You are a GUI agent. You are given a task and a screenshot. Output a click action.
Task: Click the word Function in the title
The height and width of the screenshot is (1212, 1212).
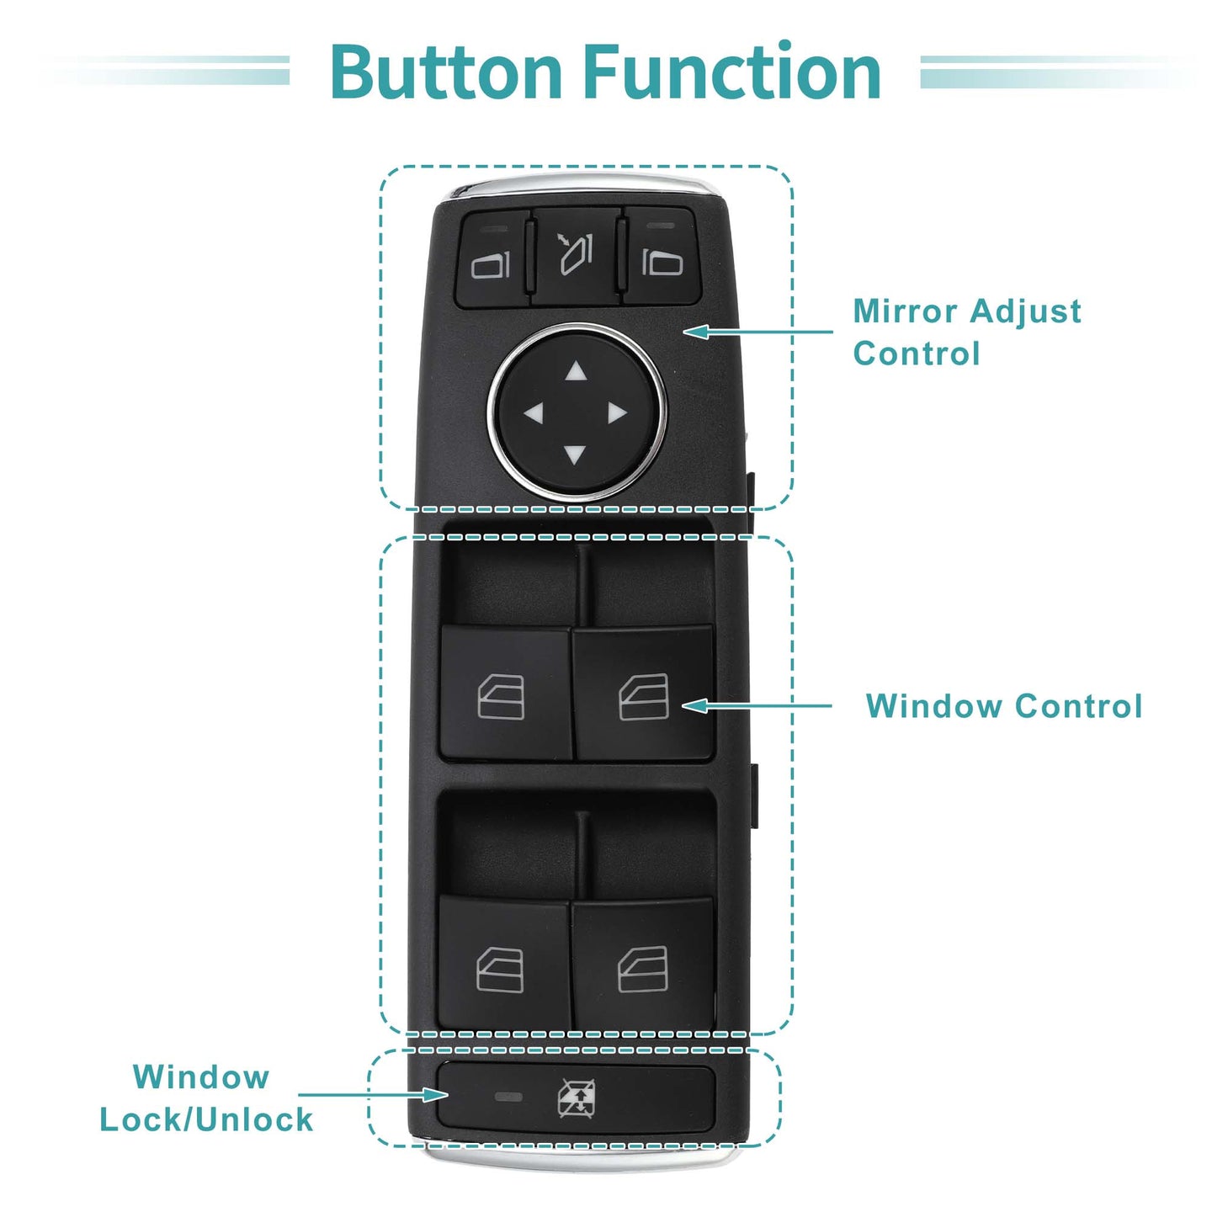pos(733,71)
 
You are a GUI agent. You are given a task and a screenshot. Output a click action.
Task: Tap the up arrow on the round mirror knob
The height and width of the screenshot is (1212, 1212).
pos(575,372)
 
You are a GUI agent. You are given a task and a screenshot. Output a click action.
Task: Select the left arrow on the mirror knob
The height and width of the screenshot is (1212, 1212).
pos(534,414)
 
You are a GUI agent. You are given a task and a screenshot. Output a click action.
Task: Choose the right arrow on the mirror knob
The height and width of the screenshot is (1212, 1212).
pos(617,414)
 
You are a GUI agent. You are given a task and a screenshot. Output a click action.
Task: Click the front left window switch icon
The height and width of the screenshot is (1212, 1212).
pos(501,697)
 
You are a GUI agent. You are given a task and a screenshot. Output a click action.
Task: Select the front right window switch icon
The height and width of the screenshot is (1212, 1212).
pos(643,696)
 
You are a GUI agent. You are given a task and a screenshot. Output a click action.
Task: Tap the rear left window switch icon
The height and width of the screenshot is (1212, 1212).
pos(500,970)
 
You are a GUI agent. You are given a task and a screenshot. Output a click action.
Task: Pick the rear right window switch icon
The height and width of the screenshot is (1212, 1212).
pos(643,969)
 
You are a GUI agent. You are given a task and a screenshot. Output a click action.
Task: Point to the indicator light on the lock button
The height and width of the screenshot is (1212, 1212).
pos(508,1098)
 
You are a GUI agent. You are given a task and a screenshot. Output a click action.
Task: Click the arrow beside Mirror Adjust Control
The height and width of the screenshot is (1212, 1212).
pos(757,331)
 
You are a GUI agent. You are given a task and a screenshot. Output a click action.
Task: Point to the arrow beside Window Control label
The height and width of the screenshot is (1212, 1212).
pos(757,705)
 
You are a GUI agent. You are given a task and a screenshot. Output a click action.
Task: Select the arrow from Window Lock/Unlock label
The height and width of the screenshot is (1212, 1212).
pos(373,1094)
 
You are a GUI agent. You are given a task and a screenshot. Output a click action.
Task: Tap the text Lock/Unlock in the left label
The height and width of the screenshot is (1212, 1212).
pos(206,1119)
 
